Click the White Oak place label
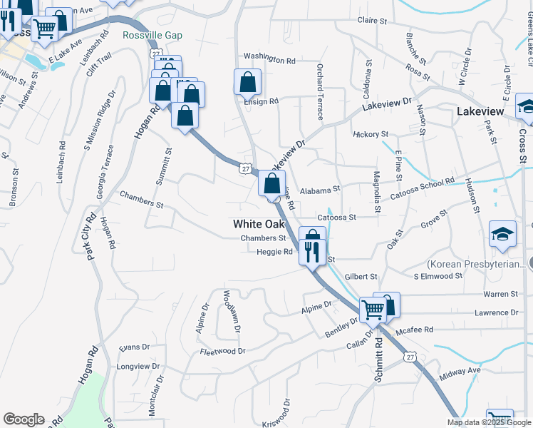coord(259,224)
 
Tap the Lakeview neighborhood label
coord(480,112)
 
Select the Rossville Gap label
coord(152,36)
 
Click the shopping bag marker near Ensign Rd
coord(247,83)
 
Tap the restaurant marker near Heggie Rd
coord(311,253)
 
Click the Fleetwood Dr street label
coord(222,351)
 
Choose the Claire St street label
coord(376,21)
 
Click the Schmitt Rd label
coord(378,360)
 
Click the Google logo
coord(24,419)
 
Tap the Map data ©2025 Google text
coord(489,422)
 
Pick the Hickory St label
coord(371,134)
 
